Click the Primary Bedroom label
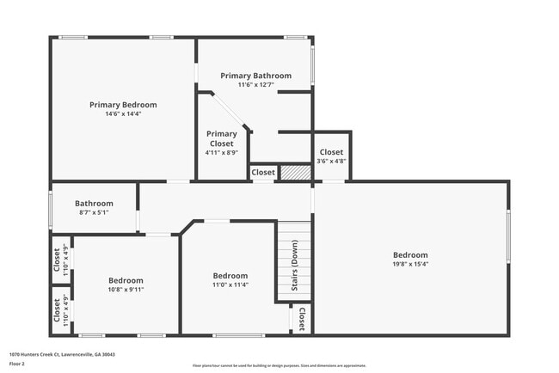pyautogui.click(x=123, y=105)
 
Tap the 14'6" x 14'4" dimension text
pyautogui.click(x=123, y=113)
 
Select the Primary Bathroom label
pyautogui.click(x=255, y=76)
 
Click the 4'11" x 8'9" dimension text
pyautogui.click(x=221, y=152)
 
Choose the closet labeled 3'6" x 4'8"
pyautogui.click(x=331, y=156)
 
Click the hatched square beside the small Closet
pyautogui.click(x=295, y=172)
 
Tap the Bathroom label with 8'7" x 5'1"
pyautogui.click(x=94, y=204)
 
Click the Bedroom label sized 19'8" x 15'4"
pyautogui.click(x=410, y=254)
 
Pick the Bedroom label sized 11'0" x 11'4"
pyautogui.click(x=230, y=276)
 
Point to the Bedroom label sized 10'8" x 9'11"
pyautogui.click(x=126, y=280)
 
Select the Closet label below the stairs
pyautogui.click(x=301, y=319)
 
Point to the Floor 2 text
pyautogui.click(x=17, y=364)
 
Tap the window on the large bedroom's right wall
pyautogui.click(x=508, y=236)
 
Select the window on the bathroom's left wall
pyautogui.click(x=51, y=209)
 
